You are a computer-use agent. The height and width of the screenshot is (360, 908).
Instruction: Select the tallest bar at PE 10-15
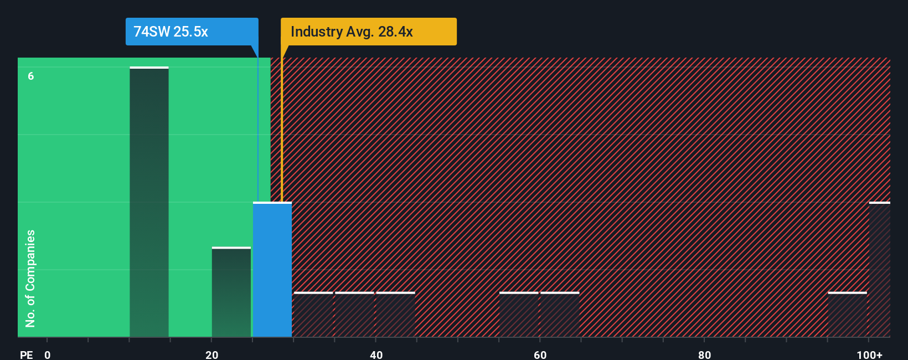[x=149, y=202]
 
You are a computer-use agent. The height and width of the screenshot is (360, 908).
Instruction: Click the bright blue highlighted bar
[x=272, y=270]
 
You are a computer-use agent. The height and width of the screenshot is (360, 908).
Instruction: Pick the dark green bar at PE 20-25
[x=231, y=292]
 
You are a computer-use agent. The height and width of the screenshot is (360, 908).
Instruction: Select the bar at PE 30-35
[x=313, y=315]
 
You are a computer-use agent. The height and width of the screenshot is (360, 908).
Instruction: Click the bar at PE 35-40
[x=354, y=315]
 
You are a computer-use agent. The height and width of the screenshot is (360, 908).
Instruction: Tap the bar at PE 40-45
[x=395, y=315]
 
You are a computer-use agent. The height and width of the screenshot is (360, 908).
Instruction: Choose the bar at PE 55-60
[x=519, y=315]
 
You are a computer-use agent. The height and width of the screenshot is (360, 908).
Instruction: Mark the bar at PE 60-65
[x=560, y=315]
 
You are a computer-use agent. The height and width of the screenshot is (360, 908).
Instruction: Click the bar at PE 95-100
[x=847, y=315]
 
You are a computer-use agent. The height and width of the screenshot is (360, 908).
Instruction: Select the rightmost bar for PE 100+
[x=880, y=270]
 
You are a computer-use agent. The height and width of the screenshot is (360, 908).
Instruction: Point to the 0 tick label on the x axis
[x=48, y=354]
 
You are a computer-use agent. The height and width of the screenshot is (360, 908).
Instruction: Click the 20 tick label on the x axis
[x=212, y=354]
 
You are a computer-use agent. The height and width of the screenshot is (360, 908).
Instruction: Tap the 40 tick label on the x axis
[x=376, y=354]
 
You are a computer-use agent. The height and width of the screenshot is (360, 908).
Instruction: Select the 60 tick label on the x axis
[x=540, y=354]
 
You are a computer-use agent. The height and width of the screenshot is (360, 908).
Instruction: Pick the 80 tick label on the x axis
[x=704, y=354]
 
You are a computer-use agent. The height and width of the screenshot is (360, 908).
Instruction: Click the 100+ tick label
[x=869, y=354]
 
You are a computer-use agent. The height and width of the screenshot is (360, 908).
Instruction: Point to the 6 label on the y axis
[x=31, y=76]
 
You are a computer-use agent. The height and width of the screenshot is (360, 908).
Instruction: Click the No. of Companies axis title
[x=30, y=278]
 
